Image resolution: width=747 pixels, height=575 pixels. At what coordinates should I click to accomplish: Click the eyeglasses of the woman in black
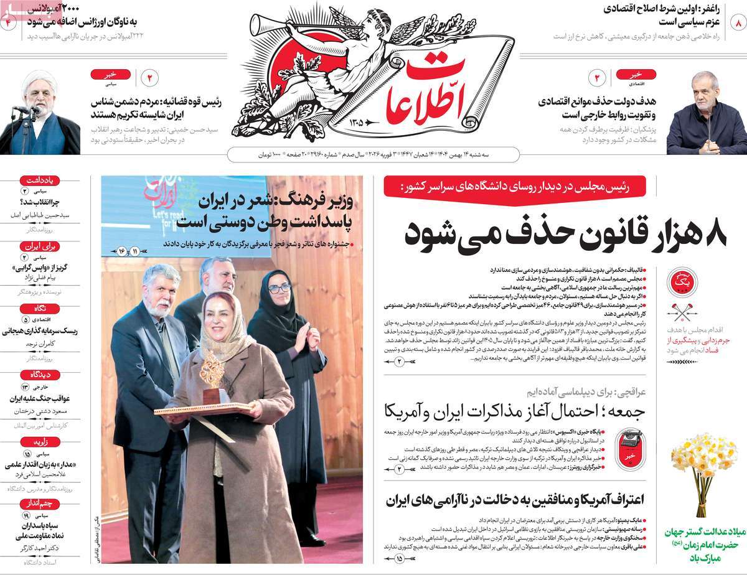coord(280,288)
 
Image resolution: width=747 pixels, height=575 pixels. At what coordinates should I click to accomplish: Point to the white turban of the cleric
coord(39,82)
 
